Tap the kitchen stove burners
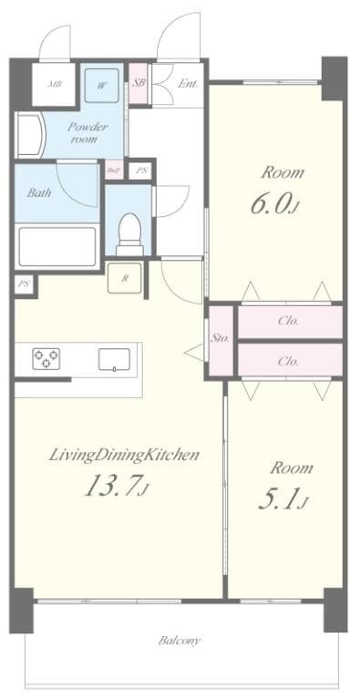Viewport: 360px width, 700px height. tap(46, 359)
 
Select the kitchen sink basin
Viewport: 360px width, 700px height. tap(113, 359)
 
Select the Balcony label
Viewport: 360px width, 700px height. tap(180, 640)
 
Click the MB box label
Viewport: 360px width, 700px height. tap(55, 86)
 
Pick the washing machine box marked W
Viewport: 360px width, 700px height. tap(103, 86)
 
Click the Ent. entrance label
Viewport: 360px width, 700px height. tap(189, 84)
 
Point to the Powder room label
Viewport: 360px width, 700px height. tap(87, 133)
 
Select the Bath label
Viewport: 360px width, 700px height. tap(39, 192)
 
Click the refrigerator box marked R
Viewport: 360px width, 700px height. tap(124, 278)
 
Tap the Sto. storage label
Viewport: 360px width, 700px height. tap(221, 338)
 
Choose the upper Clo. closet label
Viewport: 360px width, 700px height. tap(288, 321)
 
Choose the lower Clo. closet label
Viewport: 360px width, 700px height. tap(288, 360)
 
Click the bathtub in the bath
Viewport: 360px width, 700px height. tap(57, 246)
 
